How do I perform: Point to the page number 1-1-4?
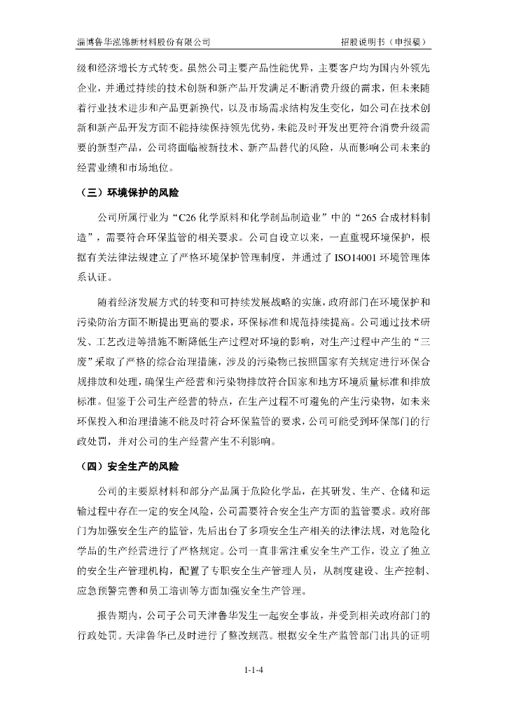[x=253, y=670]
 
